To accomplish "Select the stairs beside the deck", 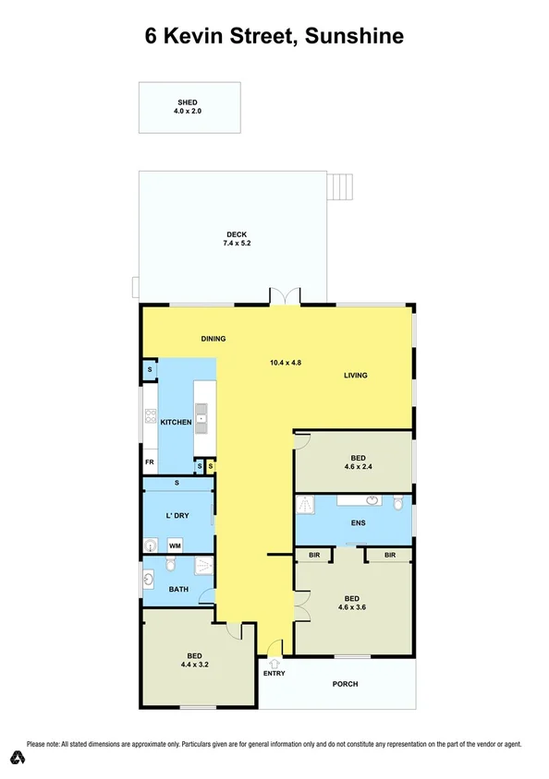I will (342, 186).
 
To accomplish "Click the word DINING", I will (213, 339).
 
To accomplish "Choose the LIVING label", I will (356, 376).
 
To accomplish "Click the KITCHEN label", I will (176, 422).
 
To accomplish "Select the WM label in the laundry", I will (174, 545).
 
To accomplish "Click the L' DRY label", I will (177, 515).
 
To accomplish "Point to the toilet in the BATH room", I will (171, 565).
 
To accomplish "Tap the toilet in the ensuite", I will (398, 503).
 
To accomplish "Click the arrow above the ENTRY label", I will (274, 661).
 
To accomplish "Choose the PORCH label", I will (345, 684).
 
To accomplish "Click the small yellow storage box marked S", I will (211, 467).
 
